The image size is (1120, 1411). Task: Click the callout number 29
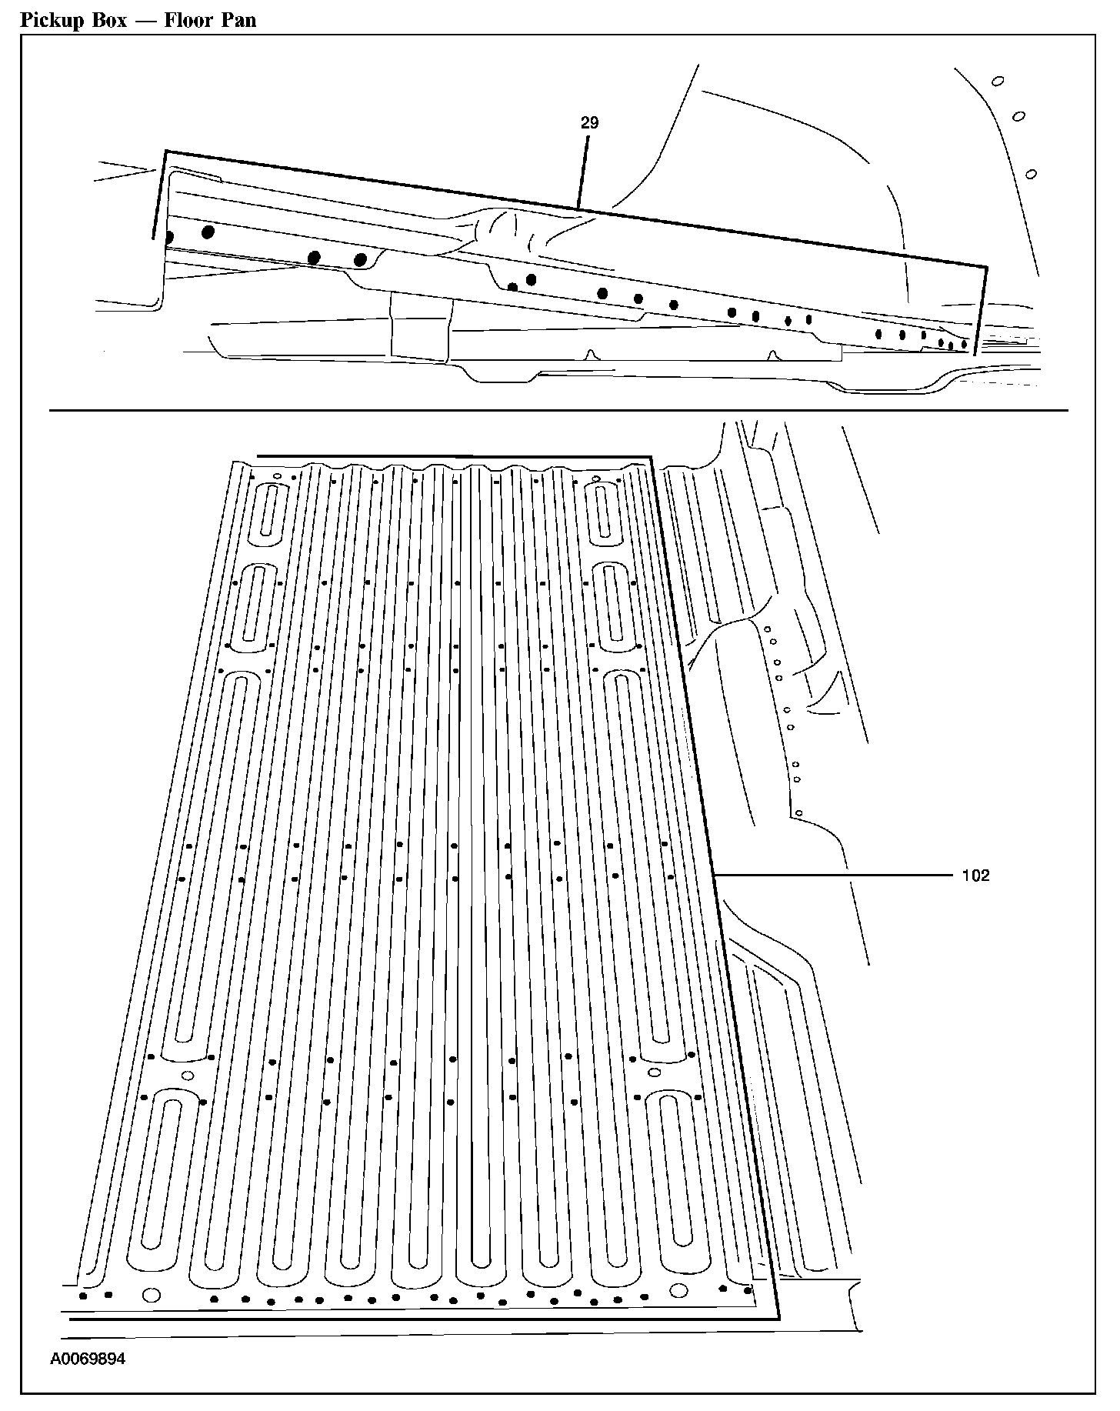click(589, 123)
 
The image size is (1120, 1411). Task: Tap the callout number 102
click(975, 876)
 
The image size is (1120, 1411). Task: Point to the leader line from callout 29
click(583, 173)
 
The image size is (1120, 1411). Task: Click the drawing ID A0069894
click(88, 1359)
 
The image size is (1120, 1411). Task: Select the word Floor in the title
click(187, 20)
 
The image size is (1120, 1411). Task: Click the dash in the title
click(146, 21)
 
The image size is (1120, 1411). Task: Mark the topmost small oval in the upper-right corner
click(998, 81)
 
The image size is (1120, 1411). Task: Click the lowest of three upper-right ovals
click(1032, 174)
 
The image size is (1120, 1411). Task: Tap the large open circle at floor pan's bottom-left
click(152, 1294)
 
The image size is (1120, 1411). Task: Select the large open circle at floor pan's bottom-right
click(678, 1290)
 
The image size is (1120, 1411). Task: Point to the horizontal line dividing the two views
click(558, 410)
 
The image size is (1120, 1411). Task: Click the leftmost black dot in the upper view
click(169, 237)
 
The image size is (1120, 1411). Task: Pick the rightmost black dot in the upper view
click(964, 344)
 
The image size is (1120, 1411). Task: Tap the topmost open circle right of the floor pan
click(767, 629)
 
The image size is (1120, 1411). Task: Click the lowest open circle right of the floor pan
click(799, 812)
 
